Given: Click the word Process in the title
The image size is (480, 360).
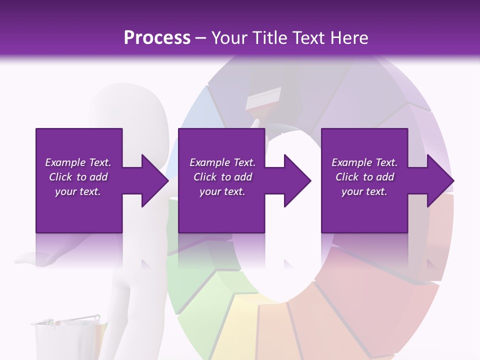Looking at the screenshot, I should coord(157,38).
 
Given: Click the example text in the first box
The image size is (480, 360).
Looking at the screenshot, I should coord(78,177).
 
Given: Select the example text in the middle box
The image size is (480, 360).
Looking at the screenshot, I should coord(222,177).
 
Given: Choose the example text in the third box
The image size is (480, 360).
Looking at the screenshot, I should coord(364,177).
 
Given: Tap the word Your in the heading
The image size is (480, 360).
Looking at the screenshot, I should coord(228,38).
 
